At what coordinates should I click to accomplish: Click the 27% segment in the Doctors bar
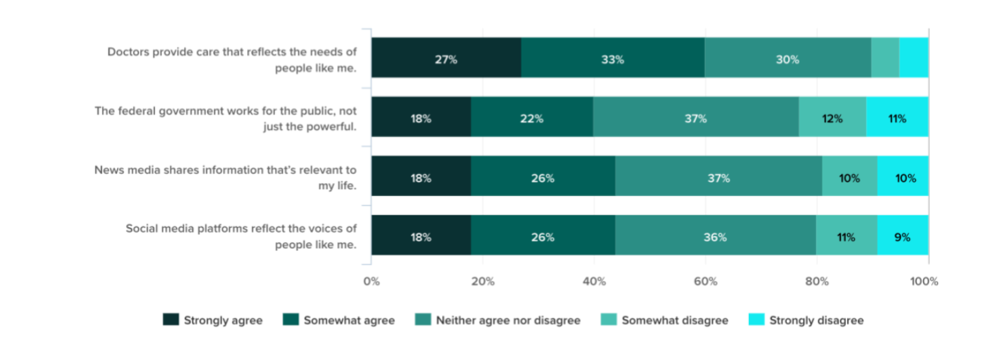coord(446,59)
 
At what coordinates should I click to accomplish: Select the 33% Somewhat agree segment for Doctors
coord(613,59)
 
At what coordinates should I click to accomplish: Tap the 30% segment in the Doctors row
coord(787,59)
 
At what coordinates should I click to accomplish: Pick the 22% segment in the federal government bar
coord(531,118)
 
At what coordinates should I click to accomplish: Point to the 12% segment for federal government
coord(832,118)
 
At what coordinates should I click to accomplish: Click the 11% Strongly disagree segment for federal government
coord(897,118)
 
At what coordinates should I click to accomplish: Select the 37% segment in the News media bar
coord(718,178)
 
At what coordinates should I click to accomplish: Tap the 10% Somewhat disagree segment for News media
coord(849,178)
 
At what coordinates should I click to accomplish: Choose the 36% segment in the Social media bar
coord(715,237)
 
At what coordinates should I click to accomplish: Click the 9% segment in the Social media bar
coord(902,237)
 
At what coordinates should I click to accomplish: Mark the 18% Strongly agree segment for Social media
coord(421,237)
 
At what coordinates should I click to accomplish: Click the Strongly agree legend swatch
coord(171,320)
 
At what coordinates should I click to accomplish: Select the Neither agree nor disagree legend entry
coord(508,320)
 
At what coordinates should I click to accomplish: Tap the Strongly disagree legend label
coord(816,320)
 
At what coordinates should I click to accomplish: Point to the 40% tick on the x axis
coord(594,281)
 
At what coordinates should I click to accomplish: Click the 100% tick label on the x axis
coord(924,281)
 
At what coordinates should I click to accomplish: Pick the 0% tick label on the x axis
coord(372,281)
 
